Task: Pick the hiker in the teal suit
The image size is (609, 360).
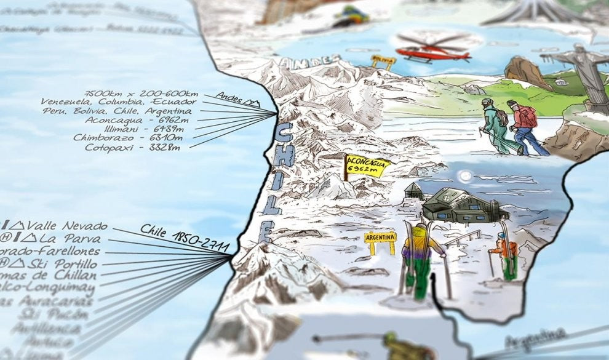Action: tap(496, 126)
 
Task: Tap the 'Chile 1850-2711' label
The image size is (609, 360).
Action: tap(185, 239)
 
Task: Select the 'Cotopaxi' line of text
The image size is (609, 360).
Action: tap(132, 147)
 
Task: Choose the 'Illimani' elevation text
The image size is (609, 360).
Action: tap(141, 129)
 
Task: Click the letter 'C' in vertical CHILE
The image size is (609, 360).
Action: tap(284, 134)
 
